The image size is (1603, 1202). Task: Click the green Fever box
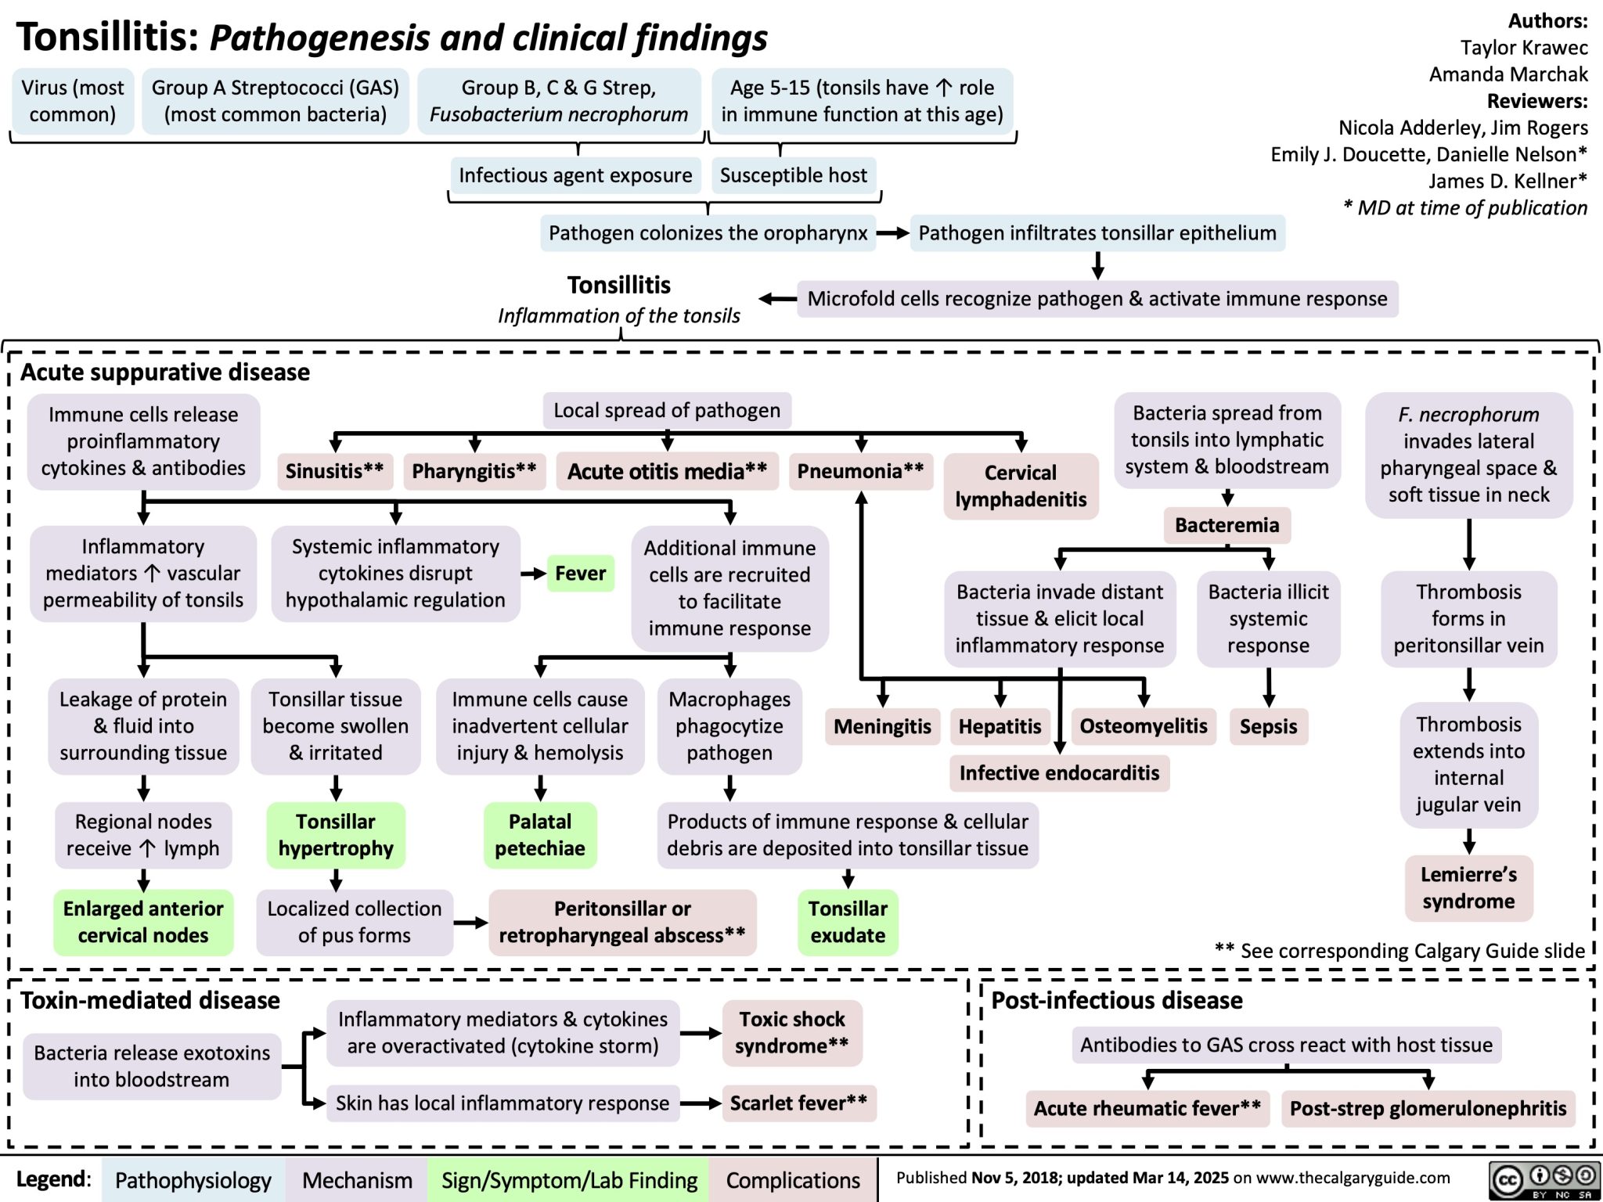pyautogui.click(x=580, y=574)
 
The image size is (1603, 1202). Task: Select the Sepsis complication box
pyautogui.click(x=1268, y=727)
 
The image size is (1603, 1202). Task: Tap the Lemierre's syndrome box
pyautogui.click(x=1468, y=888)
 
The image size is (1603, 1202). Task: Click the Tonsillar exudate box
pyautogui.click(x=848, y=922)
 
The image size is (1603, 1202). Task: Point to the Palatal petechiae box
pyautogui.click(x=540, y=835)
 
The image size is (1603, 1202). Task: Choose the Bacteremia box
pyautogui.click(x=1227, y=525)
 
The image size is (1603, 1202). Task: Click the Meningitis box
pyautogui.click(x=882, y=727)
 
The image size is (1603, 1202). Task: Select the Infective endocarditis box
pyautogui.click(x=1059, y=773)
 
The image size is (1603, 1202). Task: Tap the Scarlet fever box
pyautogui.click(x=798, y=1103)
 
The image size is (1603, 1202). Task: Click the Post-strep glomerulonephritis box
pyautogui.click(x=1428, y=1109)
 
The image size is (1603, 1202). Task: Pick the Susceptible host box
pyautogui.click(x=794, y=175)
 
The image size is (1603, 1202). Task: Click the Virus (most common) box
pyautogui.click(x=73, y=101)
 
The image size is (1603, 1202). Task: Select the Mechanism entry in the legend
pyautogui.click(x=357, y=1180)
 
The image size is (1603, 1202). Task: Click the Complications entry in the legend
pyautogui.click(x=793, y=1180)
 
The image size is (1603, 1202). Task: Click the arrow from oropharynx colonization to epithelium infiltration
pyautogui.click(x=892, y=233)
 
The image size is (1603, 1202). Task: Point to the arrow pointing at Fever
pyautogui.click(x=534, y=574)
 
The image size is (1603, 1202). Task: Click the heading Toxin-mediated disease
pyautogui.click(x=150, y=1001)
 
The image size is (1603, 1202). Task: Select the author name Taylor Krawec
pyautogui.click(x=1523, y=48)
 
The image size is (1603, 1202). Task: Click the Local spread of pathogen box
pyautogui.click(x=667, y=411)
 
